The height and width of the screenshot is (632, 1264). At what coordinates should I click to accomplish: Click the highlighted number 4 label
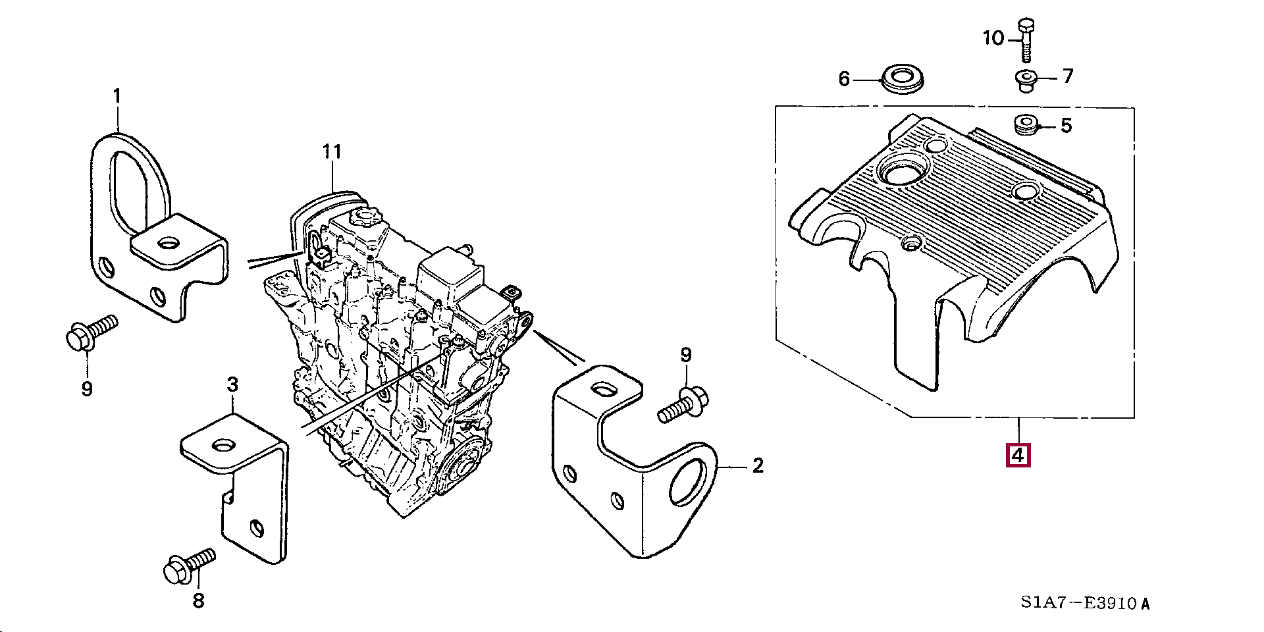click(x=1018, y=455)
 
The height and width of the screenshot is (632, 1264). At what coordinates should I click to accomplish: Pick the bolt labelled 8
click(x=188, y=566)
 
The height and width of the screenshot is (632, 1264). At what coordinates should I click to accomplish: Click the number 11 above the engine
click(x=332, y=153)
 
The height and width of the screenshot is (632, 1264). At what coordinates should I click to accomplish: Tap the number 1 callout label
click(x=117, y=97)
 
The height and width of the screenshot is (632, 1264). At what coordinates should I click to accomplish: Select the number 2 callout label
click(x=758, y=466)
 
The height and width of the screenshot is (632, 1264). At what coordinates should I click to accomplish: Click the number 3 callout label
click(x=232, y=384)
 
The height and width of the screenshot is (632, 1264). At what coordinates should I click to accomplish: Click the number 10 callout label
click(x=994, y=39)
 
